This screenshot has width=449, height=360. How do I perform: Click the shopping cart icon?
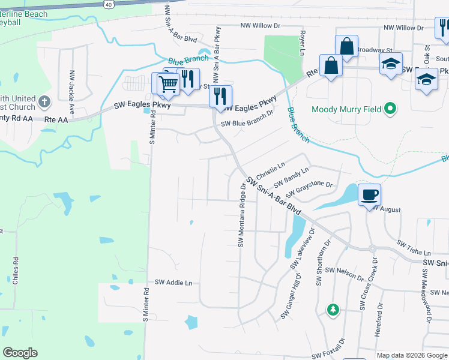168,84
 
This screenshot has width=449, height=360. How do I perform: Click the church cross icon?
44,102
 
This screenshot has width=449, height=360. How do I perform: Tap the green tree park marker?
333,310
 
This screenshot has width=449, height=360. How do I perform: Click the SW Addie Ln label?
173,282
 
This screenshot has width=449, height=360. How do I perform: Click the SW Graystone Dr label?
309,189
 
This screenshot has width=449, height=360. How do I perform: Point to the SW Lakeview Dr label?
303,248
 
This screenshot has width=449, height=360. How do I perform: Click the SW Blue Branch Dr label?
247,118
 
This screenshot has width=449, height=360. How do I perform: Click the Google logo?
20,353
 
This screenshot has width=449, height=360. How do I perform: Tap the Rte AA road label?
58,119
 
